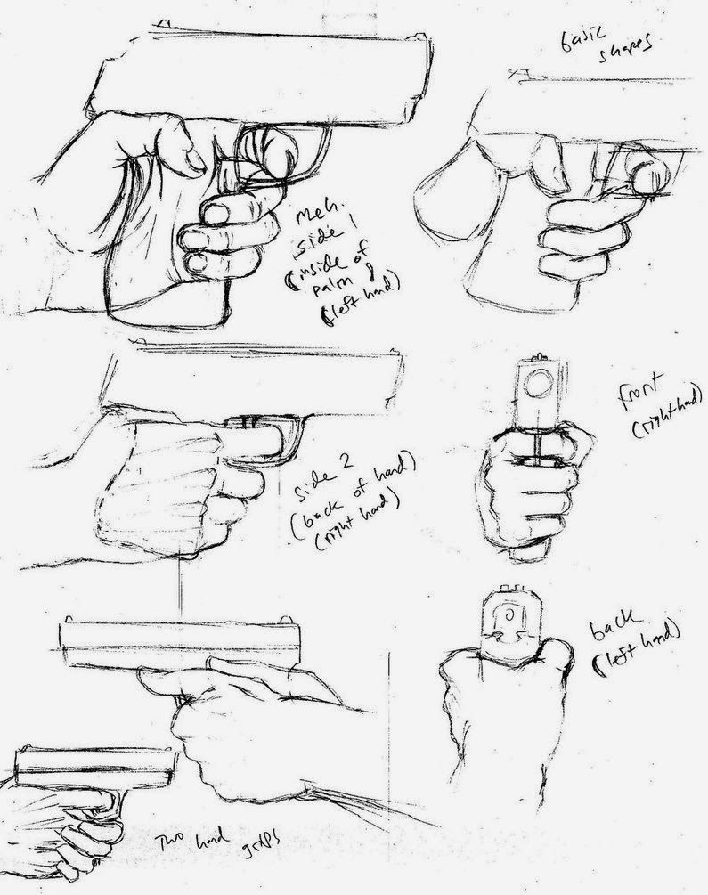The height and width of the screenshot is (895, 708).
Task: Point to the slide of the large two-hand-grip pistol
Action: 178,642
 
